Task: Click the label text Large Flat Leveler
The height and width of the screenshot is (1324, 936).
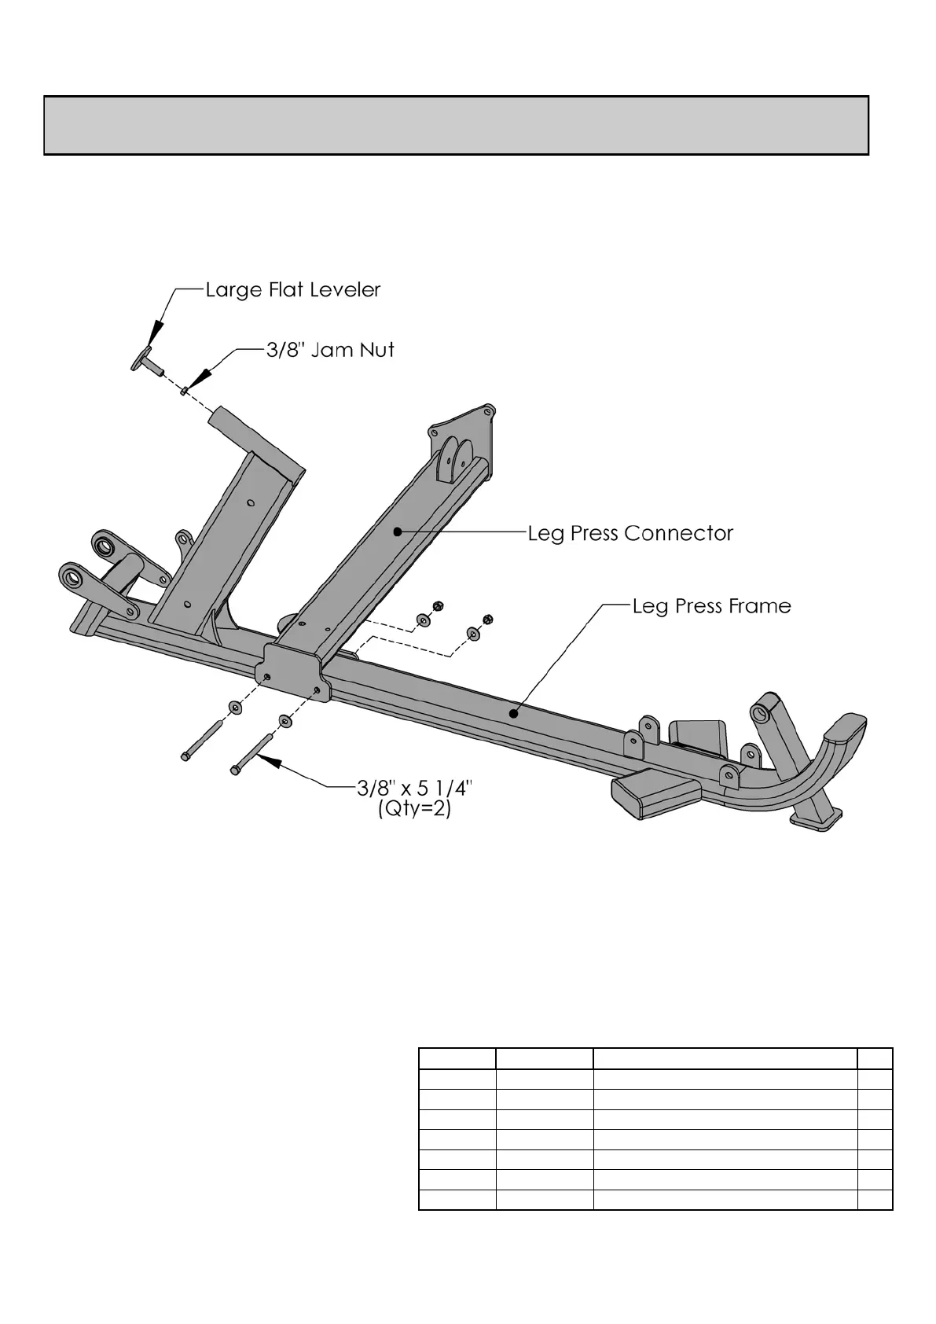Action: (x=292, y=290)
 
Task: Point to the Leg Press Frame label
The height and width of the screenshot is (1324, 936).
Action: (x=711, y=606)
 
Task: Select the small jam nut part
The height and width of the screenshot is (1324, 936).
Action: (x=183, y=389)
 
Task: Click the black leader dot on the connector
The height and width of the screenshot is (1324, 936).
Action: (x=398, y=531)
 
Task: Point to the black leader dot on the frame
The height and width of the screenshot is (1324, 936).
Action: (x=512, y=714)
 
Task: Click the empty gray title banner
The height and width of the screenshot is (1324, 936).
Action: (x=456, y=126)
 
